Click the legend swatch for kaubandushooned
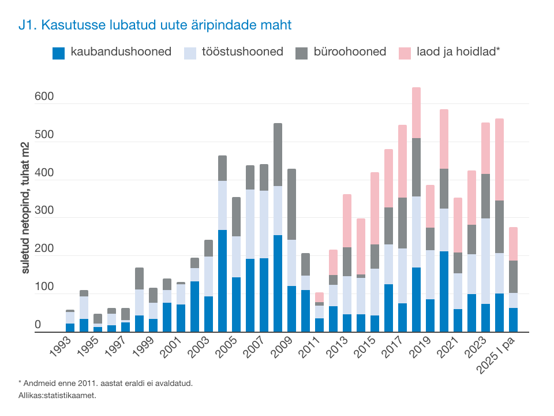point(59,53)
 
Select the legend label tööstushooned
point(242,52)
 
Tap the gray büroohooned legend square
point(302,53)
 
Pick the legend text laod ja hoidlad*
point(458,52)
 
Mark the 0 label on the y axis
point(38,325)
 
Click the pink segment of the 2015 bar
point(375,208)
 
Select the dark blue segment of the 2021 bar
point(458,320)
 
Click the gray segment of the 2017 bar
point(402,223)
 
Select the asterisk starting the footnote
point(20,382)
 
